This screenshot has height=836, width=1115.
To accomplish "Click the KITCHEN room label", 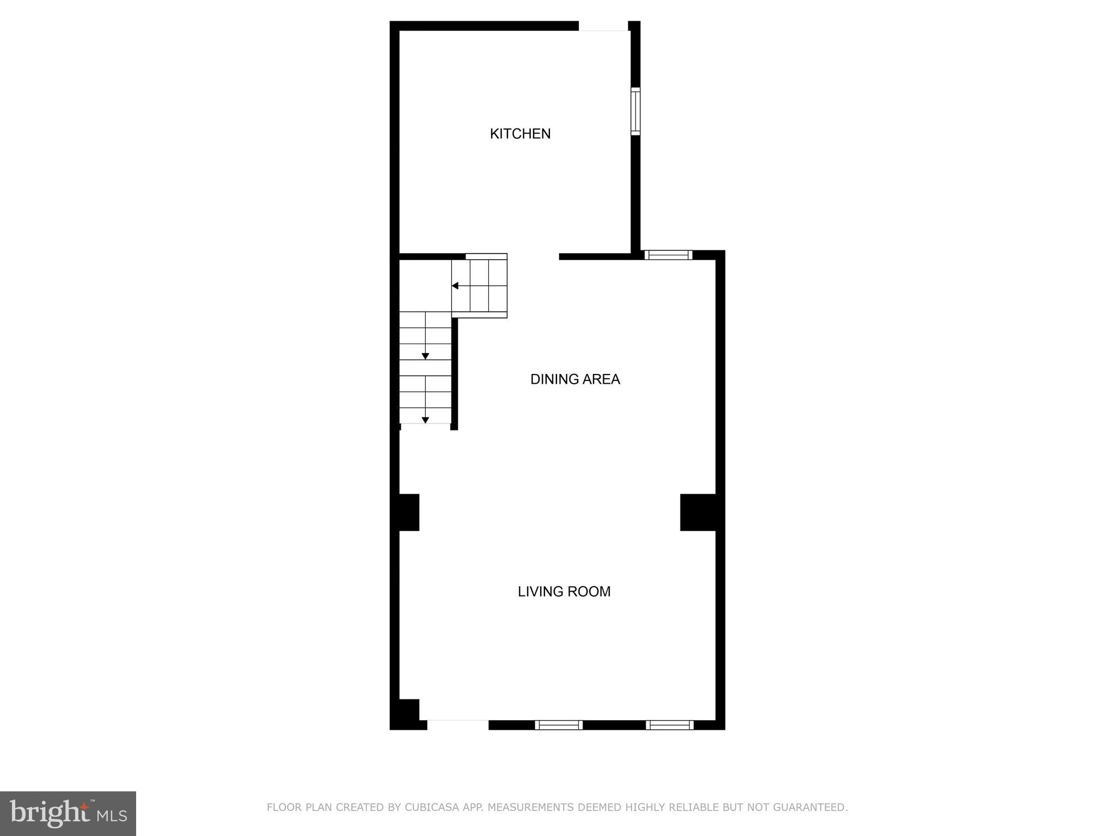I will click(520, 134).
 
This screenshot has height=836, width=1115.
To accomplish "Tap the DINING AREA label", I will click(575, 379).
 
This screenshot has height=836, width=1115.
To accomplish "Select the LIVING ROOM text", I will click(564, 592).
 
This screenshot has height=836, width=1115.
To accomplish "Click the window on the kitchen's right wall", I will click(635, 111).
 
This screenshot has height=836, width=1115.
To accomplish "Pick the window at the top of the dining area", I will click(668, 255).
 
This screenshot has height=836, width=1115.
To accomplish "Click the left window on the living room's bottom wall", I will click(559, 724).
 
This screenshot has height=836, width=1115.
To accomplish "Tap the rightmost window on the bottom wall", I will click(670, 724).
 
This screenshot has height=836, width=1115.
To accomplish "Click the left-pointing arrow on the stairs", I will click(455, 286).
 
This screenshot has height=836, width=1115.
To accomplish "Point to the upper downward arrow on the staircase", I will click(425, 356).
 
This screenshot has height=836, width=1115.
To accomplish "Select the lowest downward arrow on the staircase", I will click(425, 420).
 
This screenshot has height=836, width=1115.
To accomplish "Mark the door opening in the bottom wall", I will click(457, 724).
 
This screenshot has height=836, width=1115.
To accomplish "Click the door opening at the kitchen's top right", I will click(603, 26).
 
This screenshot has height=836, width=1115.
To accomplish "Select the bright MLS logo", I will click(68, 813).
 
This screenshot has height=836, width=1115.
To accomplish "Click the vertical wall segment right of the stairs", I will click(455, 373).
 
